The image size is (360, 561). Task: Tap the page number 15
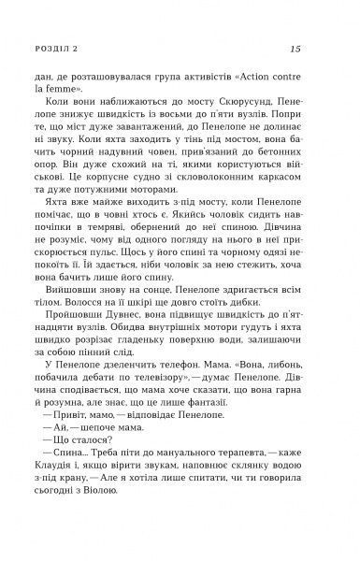click(296, 50)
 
